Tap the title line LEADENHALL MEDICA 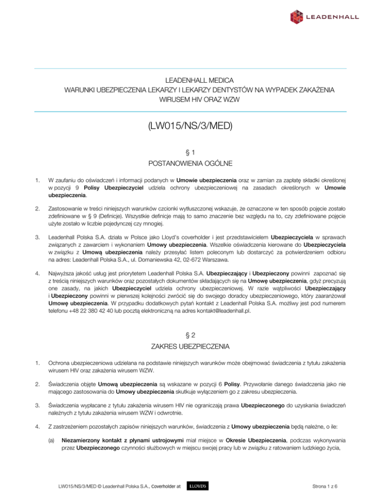(x=190, y=80)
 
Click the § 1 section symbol (x=190, y=153)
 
